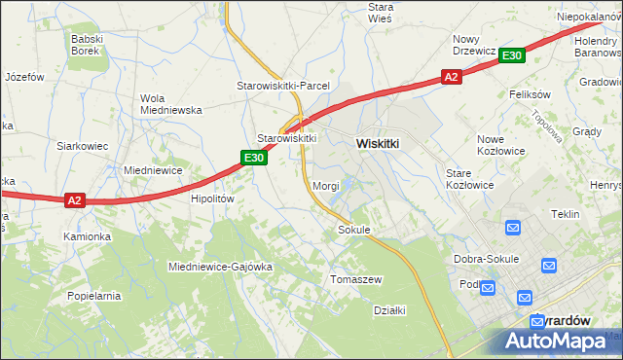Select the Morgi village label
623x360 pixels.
click(x=325, y=185)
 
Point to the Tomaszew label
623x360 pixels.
click(x=356, y=279)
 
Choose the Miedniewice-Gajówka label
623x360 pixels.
click(x=219, y=266)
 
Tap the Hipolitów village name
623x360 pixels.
click(x=213, y=198)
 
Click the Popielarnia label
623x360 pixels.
click(x=93, y=295)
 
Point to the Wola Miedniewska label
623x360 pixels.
click(x=171, y=104)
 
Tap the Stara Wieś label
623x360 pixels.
click(x=380, y=13)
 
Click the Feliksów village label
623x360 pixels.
click(x=531, y=95)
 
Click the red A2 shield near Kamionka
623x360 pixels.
click(x=76, y=200)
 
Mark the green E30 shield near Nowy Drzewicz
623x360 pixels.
click(x=513, y=56)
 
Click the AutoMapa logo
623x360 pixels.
click(x=556, y=342)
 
